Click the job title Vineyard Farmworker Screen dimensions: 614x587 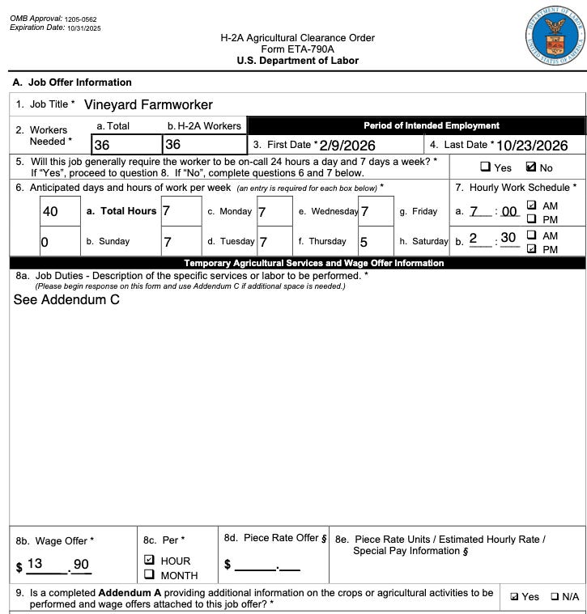click(148, 104)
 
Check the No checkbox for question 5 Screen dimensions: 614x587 click(531, 167)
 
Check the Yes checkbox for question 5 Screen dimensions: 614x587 click(486, 167)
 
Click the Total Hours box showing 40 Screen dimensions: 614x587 click(59, 212)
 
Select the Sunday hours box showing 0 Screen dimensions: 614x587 click(59, 241)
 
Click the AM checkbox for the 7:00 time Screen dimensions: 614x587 click(532, 206)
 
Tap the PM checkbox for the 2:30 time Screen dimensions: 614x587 click(532, 249)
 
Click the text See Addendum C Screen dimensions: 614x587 click(67, 299)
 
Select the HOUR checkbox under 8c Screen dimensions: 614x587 click(149, 560)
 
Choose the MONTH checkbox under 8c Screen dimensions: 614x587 click(149, 574)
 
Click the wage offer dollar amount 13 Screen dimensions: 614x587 click(35, 564)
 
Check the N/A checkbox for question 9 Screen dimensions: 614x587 click(555, 596)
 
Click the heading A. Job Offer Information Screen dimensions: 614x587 click(71, 83)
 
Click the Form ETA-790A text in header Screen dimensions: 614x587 click(297, 49)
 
